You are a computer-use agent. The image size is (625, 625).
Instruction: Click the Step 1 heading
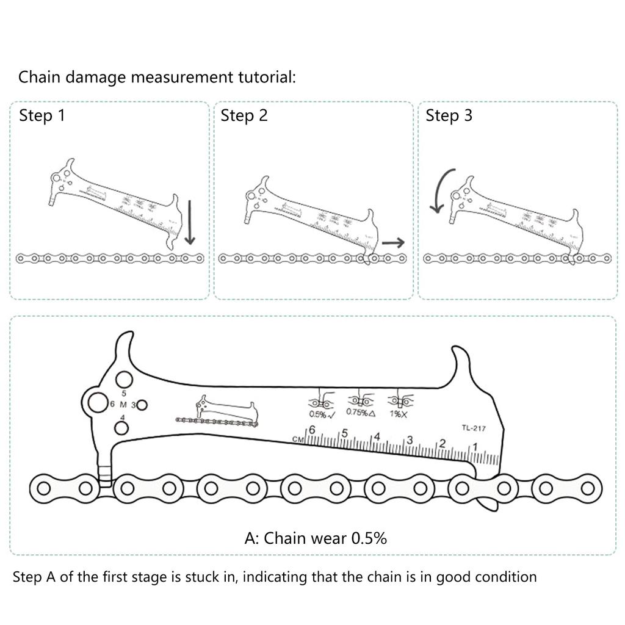coord(42,115)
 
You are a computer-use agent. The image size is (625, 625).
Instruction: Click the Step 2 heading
coord(244,115)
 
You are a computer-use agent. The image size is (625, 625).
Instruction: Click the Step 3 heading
coord(449,115)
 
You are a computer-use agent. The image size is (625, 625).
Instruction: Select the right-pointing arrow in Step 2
coord(393,243)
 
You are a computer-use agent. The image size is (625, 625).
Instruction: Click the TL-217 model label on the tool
coord(473,428)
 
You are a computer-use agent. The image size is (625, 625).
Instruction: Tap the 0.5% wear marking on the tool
coord(321,415)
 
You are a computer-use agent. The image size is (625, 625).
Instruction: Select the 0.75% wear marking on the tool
coord(360,412)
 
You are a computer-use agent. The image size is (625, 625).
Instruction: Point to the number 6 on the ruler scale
coord(311,430)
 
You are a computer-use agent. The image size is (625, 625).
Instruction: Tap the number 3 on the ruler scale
coord(409,440)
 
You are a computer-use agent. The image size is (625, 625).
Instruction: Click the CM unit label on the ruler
coord(298,438)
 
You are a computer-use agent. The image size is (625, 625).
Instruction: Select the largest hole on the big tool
coord(97,403)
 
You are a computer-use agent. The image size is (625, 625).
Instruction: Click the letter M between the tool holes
coord(123,405)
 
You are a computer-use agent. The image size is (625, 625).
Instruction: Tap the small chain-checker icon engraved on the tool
coord(218,411)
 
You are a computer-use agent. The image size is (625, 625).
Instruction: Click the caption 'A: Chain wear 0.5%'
coord(316,538)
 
